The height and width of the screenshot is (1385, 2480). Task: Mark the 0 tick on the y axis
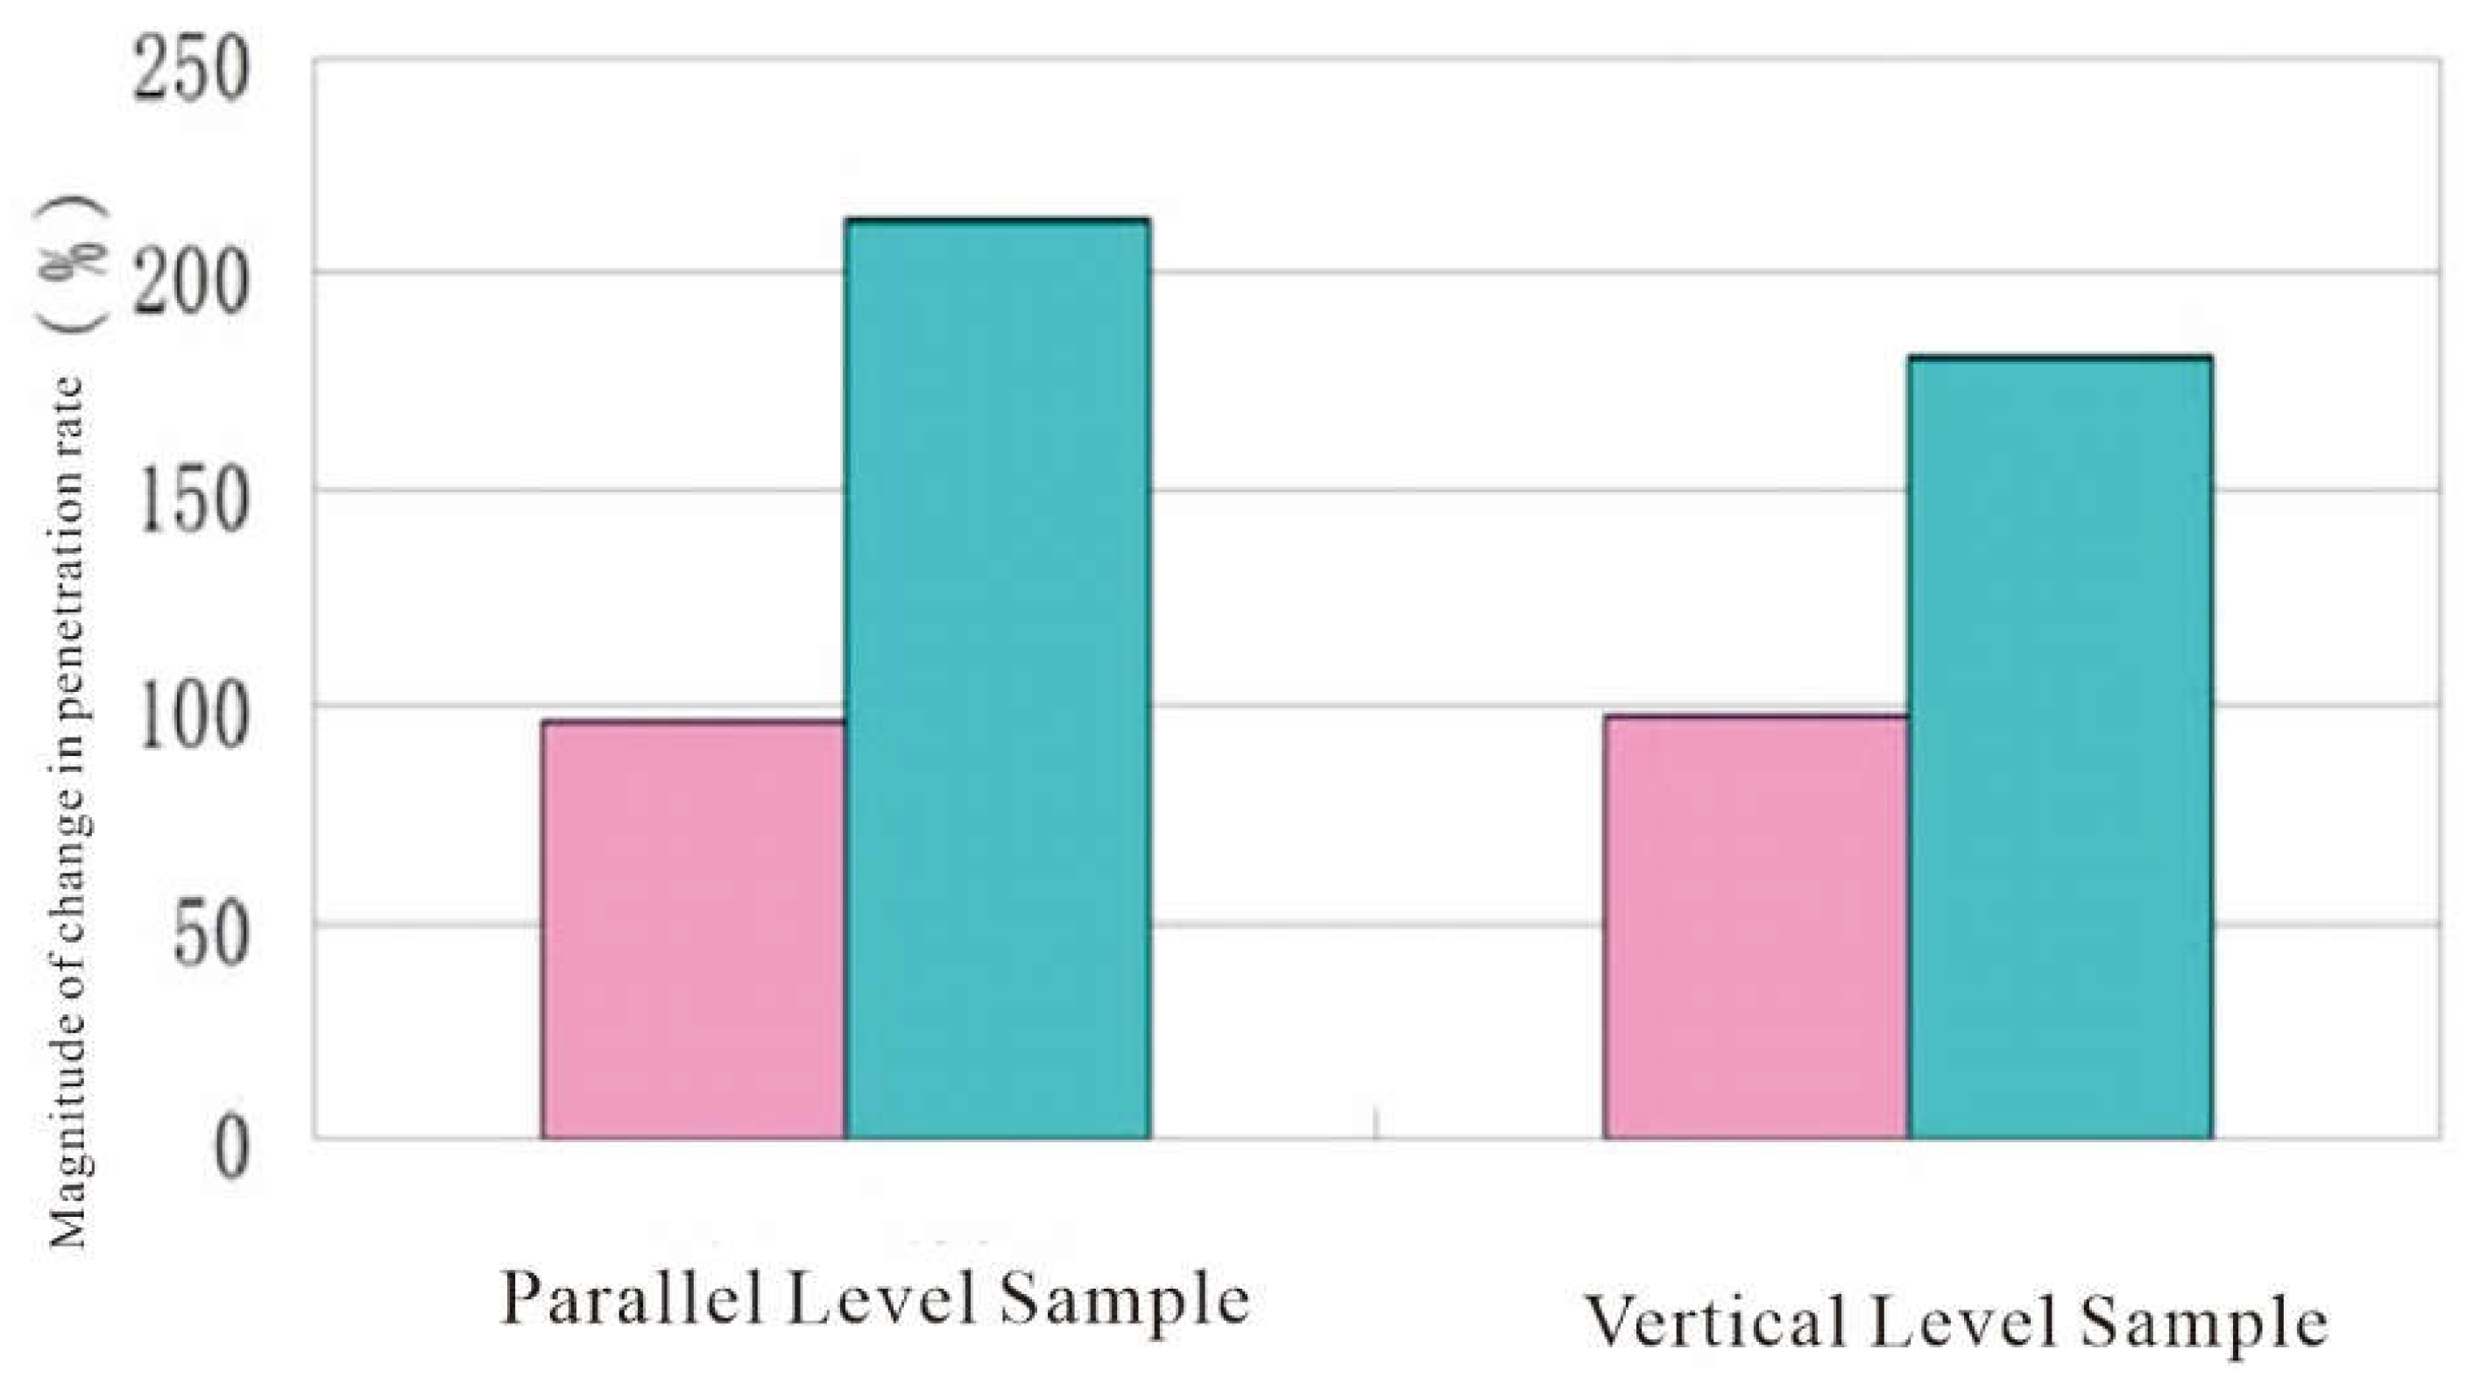tap(231, 1149)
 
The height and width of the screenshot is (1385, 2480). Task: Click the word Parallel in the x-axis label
tap(632, 1299)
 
